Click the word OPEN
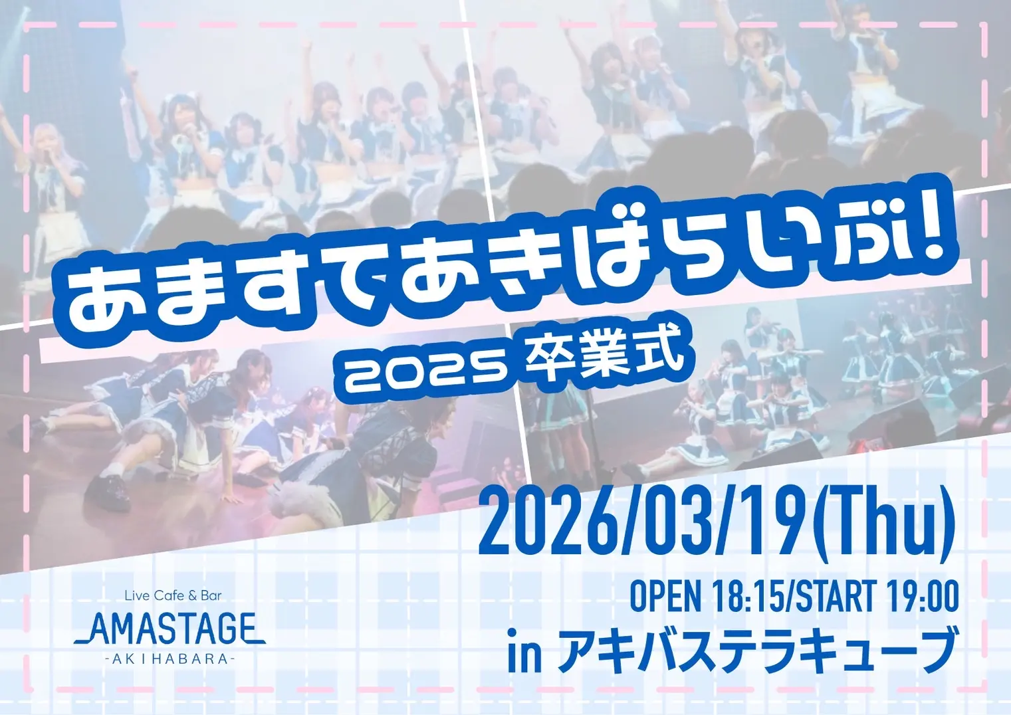[665, 597]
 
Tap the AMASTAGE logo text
[171, 629]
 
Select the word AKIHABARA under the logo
[171, 659]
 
